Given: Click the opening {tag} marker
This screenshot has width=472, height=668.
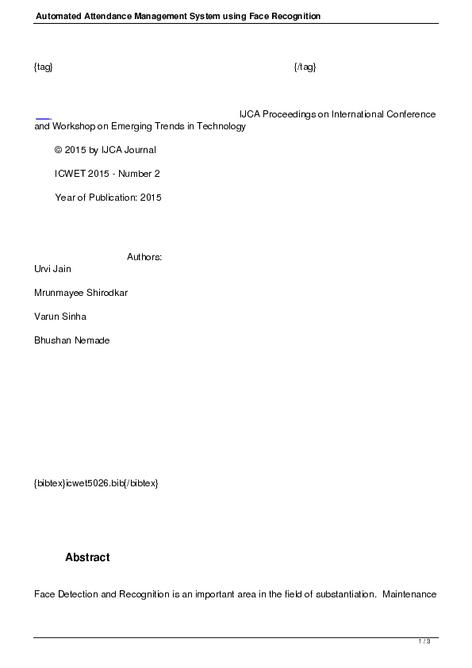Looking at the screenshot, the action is pyautogui.click(x=44, y=67).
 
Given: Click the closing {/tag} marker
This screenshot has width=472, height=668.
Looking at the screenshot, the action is pyautogui.click(x=305, y=67).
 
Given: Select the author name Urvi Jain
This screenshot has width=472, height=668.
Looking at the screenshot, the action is pyautogui.click(x=52, y=269).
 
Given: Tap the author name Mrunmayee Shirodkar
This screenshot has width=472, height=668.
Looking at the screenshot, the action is pyautogui.click(x=81, y=293).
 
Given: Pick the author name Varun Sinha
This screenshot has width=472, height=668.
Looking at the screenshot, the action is pyautogui.click(x=60, y=317).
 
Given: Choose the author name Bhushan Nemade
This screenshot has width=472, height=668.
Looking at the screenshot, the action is pyautogui.click(x=71, y=340).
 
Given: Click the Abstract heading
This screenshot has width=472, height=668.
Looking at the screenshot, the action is pyautogui.click(x=87, y=558).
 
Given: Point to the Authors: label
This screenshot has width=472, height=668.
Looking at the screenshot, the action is pyautogui.click(x=144, y=257).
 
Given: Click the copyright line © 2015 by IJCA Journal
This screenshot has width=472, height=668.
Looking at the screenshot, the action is pyautogui.click(x=105, y=150).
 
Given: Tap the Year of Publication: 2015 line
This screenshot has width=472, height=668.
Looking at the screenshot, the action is pyautogui.click(x=108, y=198).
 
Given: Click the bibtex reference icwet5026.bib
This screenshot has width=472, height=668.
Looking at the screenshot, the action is pyautogui.click(x=96, y=483).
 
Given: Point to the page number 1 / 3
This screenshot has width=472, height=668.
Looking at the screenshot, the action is pyautogui.click(x=424, y=641).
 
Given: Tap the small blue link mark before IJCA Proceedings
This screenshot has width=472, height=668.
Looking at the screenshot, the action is pyautogui.click(x=44, y=116).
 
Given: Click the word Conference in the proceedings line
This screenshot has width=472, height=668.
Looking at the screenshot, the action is pyautogui.click(x=411, y=114).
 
